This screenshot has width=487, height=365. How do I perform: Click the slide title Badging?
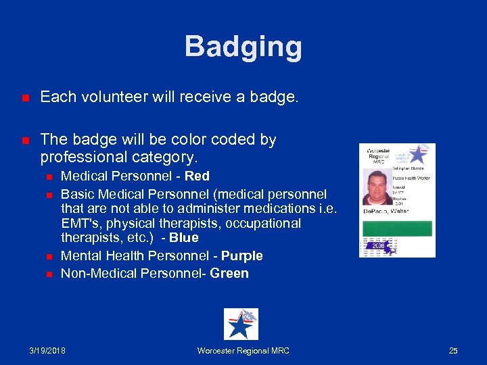(x=243, y=47)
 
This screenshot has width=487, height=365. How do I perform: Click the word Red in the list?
(x=197, y=176)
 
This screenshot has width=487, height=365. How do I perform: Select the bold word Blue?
(x=184, y=238)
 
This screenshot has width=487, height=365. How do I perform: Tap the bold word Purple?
(x=241, y=256)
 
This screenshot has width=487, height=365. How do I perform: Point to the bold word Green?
(x=229, y=274)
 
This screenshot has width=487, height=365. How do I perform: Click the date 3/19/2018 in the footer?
(x=49, y=351)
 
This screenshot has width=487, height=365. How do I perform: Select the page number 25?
(x=453, y=351)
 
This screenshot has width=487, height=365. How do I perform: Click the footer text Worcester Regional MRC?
(x=243, y=351)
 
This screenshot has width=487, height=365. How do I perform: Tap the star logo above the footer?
(x=241, y=324)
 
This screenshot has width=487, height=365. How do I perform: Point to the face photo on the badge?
(x=377, y=187)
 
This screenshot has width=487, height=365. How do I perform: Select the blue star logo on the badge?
(x=417, y=154)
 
